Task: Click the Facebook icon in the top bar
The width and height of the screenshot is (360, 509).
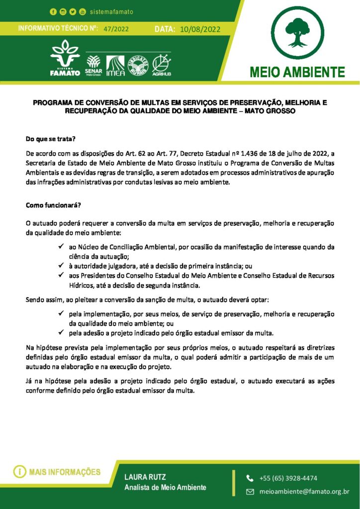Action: [x=53, y=11]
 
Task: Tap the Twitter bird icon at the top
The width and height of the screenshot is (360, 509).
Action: [x=72, y=11]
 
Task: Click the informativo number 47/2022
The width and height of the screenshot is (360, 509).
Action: [x=116, y=29]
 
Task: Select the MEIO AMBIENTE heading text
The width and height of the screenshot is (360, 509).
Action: [x=297, y=72]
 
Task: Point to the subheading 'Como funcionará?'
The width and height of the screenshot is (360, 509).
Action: [x=53, y=205]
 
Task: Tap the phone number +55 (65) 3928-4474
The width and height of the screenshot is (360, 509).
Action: [x=288, y=478]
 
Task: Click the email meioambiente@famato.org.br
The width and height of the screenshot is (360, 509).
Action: [x=304, y=492]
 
